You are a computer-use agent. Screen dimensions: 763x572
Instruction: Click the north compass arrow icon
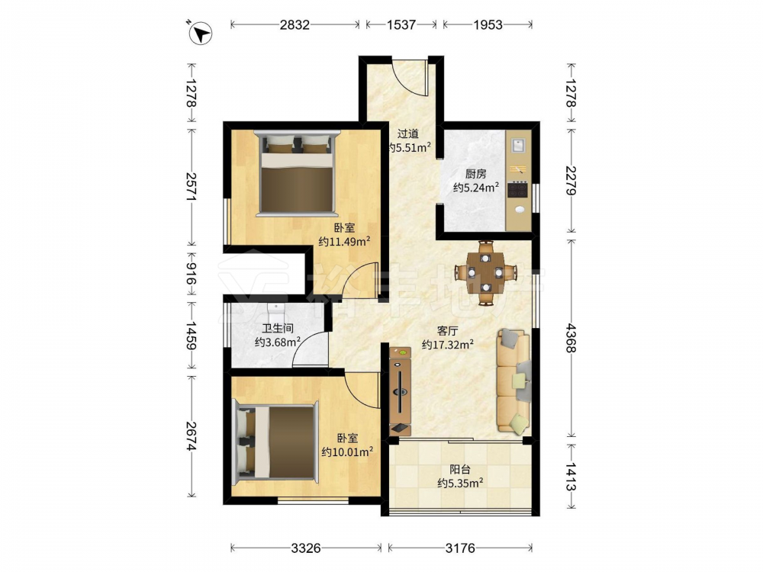point(199,33)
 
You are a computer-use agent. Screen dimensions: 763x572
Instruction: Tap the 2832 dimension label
point(295,24)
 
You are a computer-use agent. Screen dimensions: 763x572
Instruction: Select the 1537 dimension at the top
point(401,24)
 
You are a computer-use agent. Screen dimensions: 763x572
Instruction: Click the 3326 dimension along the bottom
point(306,548)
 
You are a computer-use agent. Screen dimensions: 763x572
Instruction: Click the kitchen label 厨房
point(475,174)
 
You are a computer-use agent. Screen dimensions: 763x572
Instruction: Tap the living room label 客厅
point(447,331)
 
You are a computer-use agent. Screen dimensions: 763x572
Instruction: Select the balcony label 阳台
point(460,470)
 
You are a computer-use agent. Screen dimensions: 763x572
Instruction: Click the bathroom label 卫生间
point(278,328)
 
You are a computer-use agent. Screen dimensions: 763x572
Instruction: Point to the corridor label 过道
point(407,133)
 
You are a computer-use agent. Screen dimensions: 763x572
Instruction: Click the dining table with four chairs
point(485,273)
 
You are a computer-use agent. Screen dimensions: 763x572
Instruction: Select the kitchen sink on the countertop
point(519,144)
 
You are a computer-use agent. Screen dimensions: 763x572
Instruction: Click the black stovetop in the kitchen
point(518,189)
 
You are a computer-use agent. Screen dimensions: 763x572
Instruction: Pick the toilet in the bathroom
point(275,309)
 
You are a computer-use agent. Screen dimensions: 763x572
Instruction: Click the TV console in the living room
point(400,391)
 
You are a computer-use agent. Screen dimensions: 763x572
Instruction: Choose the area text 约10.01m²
point(347,451)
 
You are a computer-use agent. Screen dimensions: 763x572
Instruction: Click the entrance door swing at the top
point(410,77)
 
